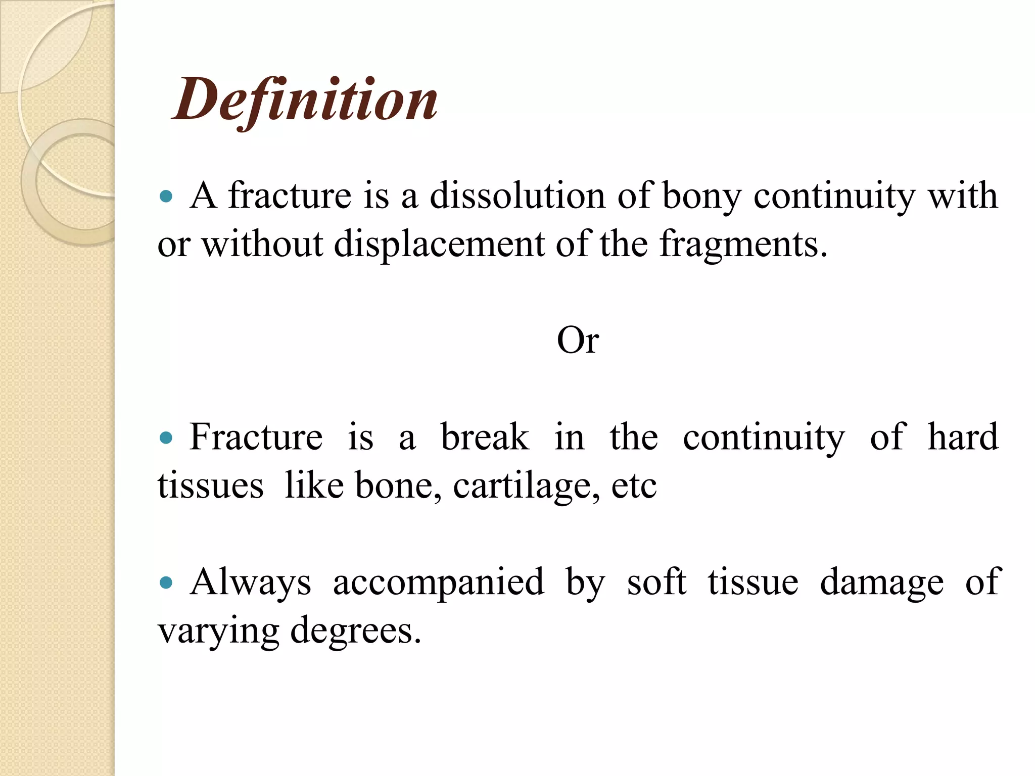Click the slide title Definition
[305, 100]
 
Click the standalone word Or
[578, 341]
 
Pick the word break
[485, 437]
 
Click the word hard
[963, 437]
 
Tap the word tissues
[210, 486]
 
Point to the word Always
[251, 583]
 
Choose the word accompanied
[438, 583]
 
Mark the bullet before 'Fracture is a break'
[166, 438]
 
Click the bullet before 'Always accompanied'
[166, 583]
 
